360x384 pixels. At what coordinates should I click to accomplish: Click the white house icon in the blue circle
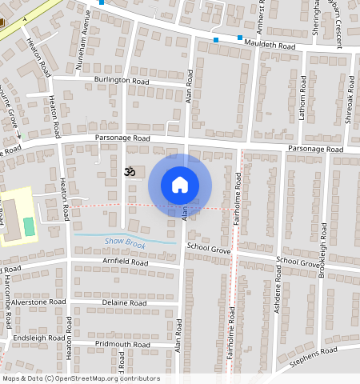pyautogui.click(x=180, y=185)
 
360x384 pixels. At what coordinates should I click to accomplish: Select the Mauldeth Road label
pyautogui.click(x=270, y=46)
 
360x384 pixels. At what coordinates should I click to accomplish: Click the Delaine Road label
pyautogui.click(x=124, y=303)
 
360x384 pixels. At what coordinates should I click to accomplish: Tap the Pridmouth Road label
pyautogui.click(x=122, y=344)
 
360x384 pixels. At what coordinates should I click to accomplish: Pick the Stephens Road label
pyautogui.click(x=316, y=353)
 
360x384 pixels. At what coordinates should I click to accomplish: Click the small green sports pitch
pyautogui.click(x=30, y=226)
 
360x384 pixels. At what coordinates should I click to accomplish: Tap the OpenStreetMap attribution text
pyautogui.click(x=81, y=378)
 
